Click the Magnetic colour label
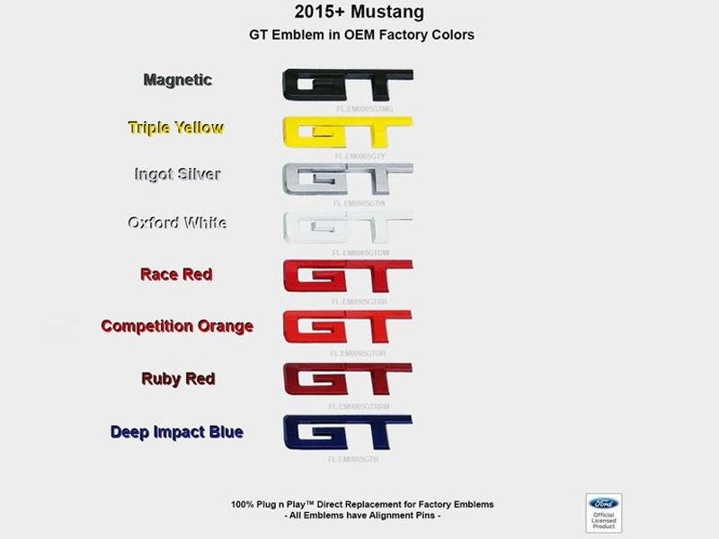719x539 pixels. coord(178,80)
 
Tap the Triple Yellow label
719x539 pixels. coord(175,128)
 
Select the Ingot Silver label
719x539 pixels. coord(176,174)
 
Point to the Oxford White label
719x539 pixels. coord(176,223)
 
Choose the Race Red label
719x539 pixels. coord(176,274)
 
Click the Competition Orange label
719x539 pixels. coord(177,326)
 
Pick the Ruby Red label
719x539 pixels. coord(178,378)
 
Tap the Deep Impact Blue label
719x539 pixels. coord(177,432)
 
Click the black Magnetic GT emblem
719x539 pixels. coord(347,86)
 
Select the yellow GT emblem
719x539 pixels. coord(347,133)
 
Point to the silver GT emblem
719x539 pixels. coord(347,181)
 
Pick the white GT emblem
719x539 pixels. coord(347,229)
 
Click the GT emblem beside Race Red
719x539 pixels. coord(347,278)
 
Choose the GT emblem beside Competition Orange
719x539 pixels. coord(347,330)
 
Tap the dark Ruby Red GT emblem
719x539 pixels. coord(347,382)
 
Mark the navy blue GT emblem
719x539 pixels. coord(347,435)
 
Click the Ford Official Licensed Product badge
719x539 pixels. coord(604,512)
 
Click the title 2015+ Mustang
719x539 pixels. coord(359,13)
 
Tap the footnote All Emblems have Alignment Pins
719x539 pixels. coord(362,516)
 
